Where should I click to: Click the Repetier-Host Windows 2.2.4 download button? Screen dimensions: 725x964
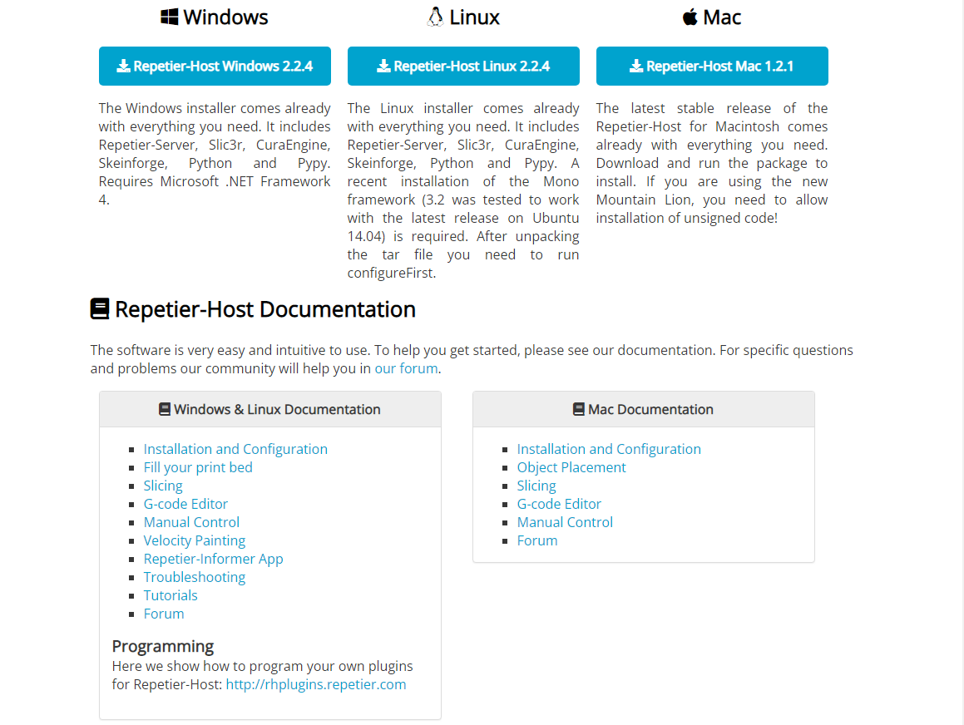point(215,67)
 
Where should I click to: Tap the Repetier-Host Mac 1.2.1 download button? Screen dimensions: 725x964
point(712,67)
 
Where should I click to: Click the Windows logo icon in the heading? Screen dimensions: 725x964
point(170,17)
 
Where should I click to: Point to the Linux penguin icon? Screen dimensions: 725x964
point(435,17)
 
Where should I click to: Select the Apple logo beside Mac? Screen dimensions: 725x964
point(690,17)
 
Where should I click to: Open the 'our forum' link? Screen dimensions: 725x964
point(406,368)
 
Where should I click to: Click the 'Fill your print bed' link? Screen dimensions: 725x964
point(198,467)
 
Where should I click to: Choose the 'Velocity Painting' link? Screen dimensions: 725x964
point(195,540)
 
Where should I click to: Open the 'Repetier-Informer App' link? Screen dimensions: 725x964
point(213,559)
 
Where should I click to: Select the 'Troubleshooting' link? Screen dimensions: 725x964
point(195,577)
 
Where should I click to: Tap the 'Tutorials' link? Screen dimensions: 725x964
point(171,595)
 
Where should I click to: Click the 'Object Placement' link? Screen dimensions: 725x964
point(571,467)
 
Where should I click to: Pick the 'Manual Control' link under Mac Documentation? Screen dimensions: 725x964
point(565,522)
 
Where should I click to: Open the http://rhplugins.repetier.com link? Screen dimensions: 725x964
point(316,685)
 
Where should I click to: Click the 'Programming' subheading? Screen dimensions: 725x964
point(163,646)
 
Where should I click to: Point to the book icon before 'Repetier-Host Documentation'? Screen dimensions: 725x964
point(100,309)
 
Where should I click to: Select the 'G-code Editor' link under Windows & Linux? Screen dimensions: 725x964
point(185,504)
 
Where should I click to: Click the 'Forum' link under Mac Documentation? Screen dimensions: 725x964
point(537,540)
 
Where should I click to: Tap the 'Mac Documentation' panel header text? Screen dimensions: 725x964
point(650,409)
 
